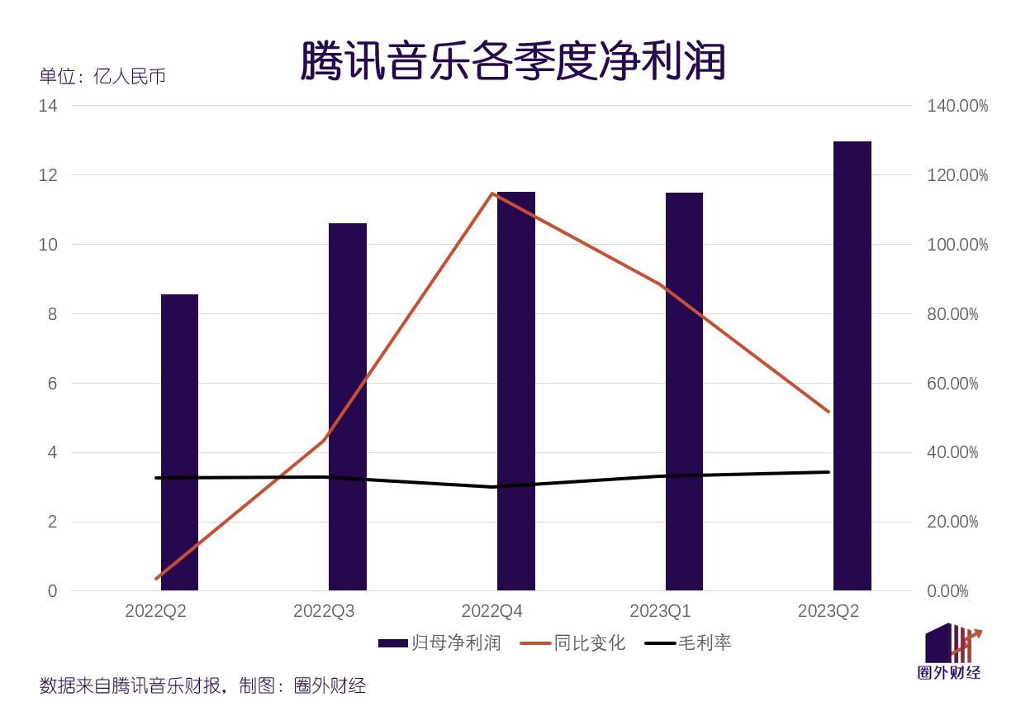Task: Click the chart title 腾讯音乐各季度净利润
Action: pyautogui.click(x=512, y=61)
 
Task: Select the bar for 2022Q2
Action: pyautogui.click(x=179, y=442)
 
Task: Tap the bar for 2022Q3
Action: pyautogui.click(x=348, y=407)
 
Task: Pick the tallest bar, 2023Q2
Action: pyautogui.click(x=852, y=365)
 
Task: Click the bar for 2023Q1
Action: pyautogui.click(x=684, y=391)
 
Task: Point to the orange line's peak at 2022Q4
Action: pyautogui.click(x=493, y=193)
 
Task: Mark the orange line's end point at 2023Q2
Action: pyautogui.click(x=828, y=411)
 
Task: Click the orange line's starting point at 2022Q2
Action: pyautogui.click(x=156, y=578)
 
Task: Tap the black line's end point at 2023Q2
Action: pyautogui.click(x=828, y=472)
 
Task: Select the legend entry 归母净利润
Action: pyautogui.click(x=439, y=642)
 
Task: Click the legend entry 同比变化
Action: pyautogui.click(x=572, y=642)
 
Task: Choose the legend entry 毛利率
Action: pyautogui.click(x=688, y=642)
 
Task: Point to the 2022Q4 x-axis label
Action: pyautogui.click(x=492, y=611)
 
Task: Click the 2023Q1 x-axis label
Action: pyautogui.click(x=660, y=611)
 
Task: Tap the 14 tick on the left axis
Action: pyautogui.click(x=48, y=106)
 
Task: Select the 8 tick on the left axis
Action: pyautogui.click(x=52, y=313)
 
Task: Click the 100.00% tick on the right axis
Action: pyautogui.click(x=957, y=245)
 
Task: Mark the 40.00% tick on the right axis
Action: pyautogui.click(x=952, y=452)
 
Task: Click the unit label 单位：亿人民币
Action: pyautogui.click(x=102, y=76)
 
